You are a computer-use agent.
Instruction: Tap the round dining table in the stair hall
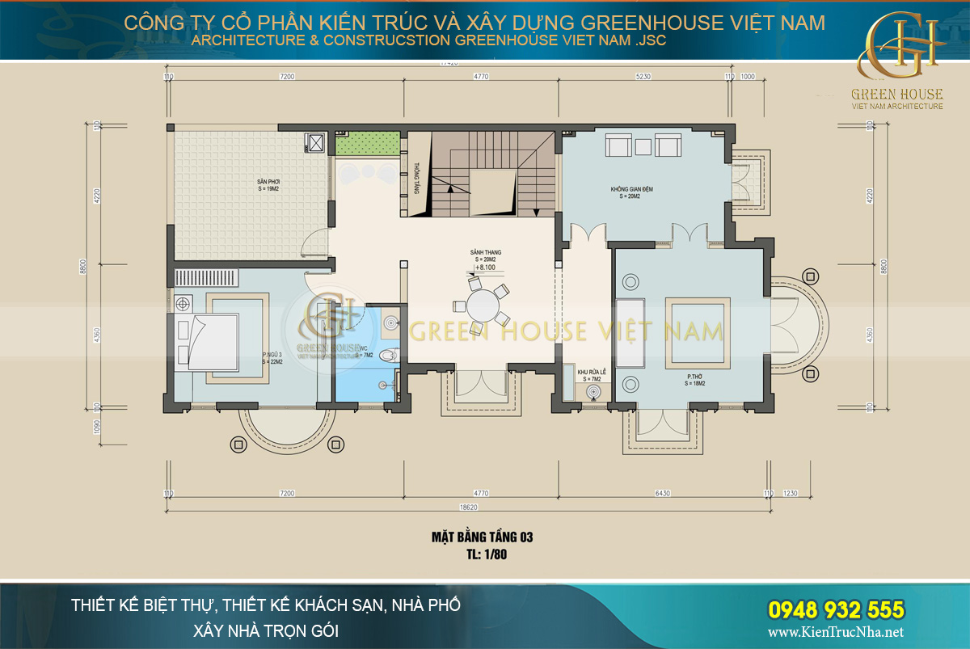pyautogui.click(x=484, y=307)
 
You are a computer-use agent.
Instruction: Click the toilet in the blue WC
pyautogui.click(x=390, y=352)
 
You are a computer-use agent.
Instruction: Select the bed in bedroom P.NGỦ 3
pyautogui.click(x=205, y=340)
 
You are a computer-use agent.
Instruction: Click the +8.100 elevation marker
pyautogui.click(x=486, y=266)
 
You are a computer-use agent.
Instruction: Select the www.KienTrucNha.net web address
pyautogui.click(x=837, y=632)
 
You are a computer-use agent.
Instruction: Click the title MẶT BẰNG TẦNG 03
pyautogui.click(x=483, y=537)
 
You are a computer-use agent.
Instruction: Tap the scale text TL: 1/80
pyautogui.click(x=483, y=555)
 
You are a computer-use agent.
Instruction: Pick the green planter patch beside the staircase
pyautogui.click(x=368, y=145)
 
